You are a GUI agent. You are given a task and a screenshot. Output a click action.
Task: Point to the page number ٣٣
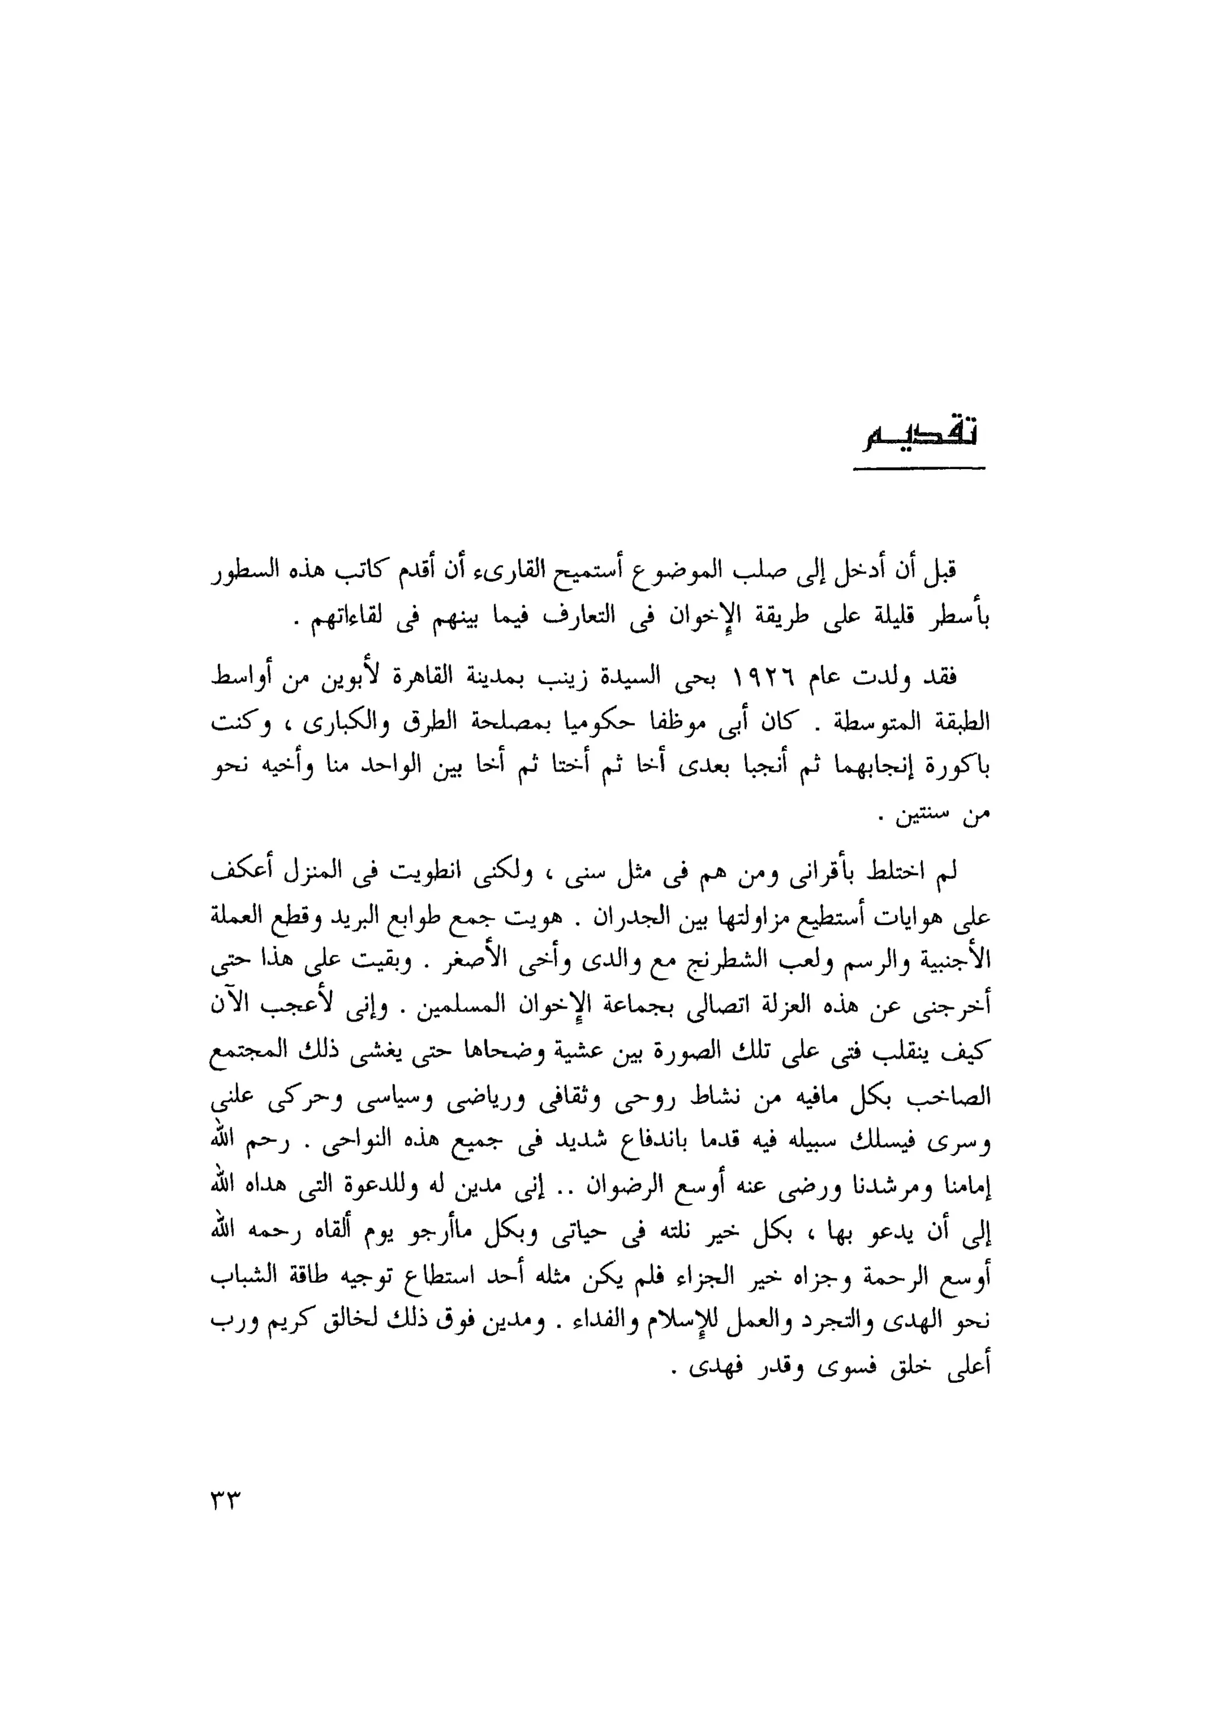[223, 1499]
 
